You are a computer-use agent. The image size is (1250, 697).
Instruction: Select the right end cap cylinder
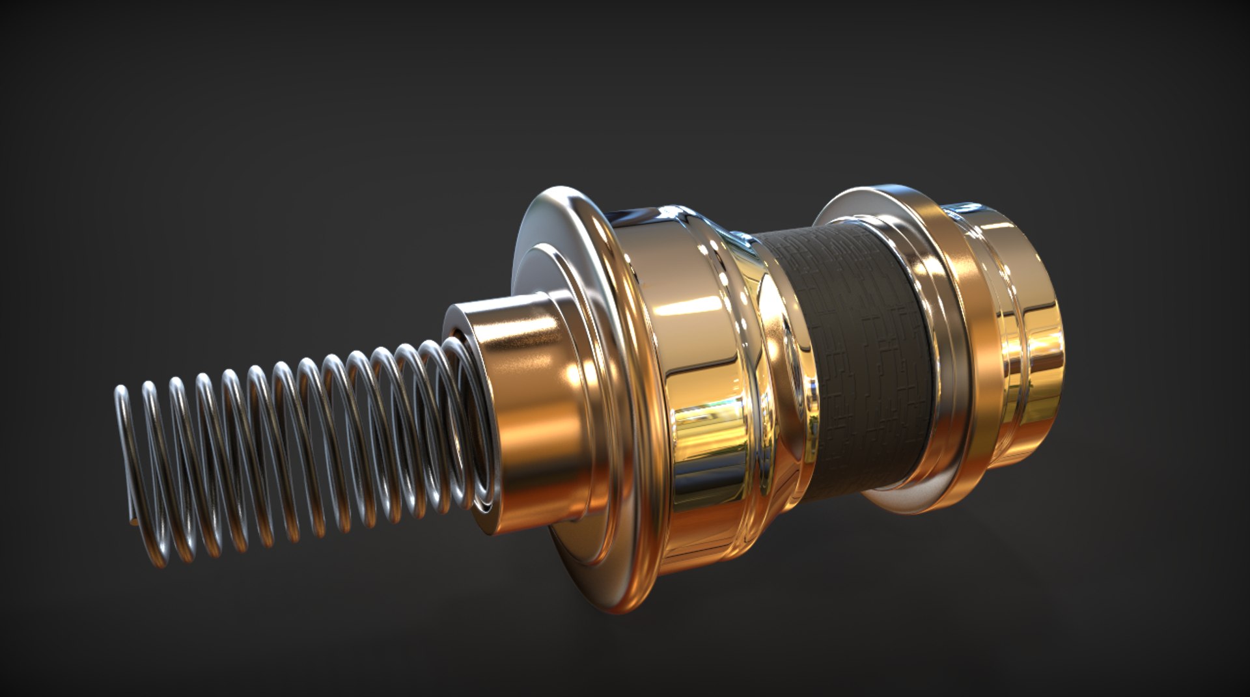click(x=1029, y=338)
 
